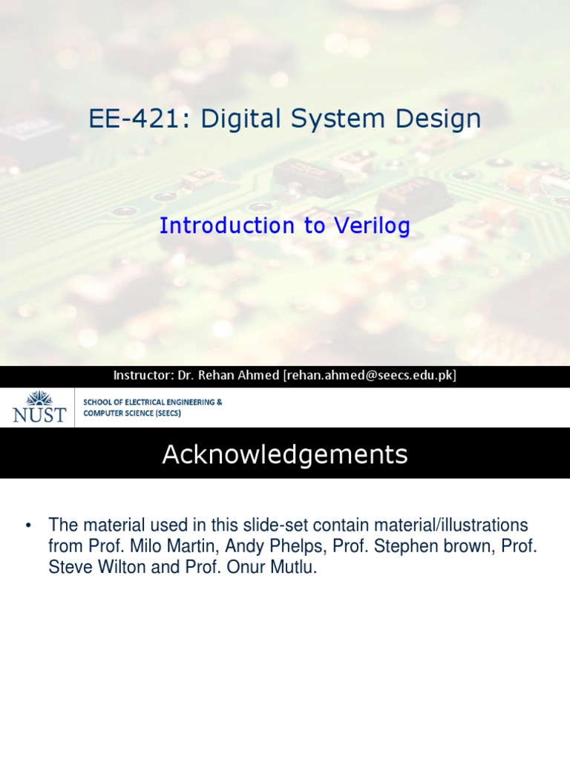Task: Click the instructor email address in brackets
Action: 369,376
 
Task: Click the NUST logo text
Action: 39,415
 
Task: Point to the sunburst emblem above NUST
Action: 39,398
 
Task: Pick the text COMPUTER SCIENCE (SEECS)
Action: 131,413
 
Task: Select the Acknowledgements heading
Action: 285,455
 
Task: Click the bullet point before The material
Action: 28,525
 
